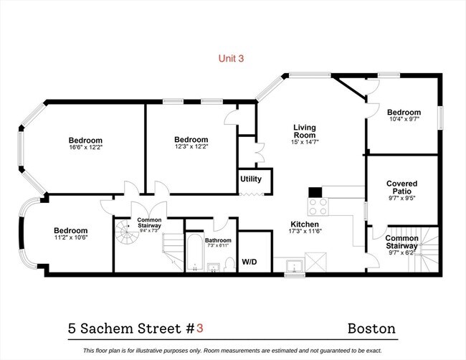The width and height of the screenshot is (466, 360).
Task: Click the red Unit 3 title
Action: [x=231, y=59]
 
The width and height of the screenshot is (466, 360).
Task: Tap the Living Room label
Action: [x=304, y=131]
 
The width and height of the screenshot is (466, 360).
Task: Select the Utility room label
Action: [x=250, y=179]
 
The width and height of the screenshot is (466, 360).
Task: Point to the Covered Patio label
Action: [x=401, y=188]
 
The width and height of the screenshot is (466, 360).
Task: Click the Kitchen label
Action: [x=304, y=223]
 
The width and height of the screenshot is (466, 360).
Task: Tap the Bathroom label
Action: [x=218, y=241]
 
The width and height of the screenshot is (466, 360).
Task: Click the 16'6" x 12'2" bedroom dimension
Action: [x=85, y=147]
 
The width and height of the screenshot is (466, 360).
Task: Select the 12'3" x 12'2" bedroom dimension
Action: [x=191, y=147]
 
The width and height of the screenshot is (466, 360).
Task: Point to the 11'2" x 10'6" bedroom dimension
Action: [x=70, y=238]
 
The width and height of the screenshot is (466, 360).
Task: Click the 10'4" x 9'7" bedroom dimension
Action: [x=404, y=120]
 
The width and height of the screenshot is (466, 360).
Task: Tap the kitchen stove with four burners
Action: [x=318, y=207]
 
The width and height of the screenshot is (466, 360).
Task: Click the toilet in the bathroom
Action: [x=228, y=265]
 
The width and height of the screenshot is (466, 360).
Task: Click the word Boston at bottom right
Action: [x=371, y=328]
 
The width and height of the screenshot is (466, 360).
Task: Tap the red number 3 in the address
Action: [x=200, y=328]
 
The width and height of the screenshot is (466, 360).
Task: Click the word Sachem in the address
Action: [x=110, y=328]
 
